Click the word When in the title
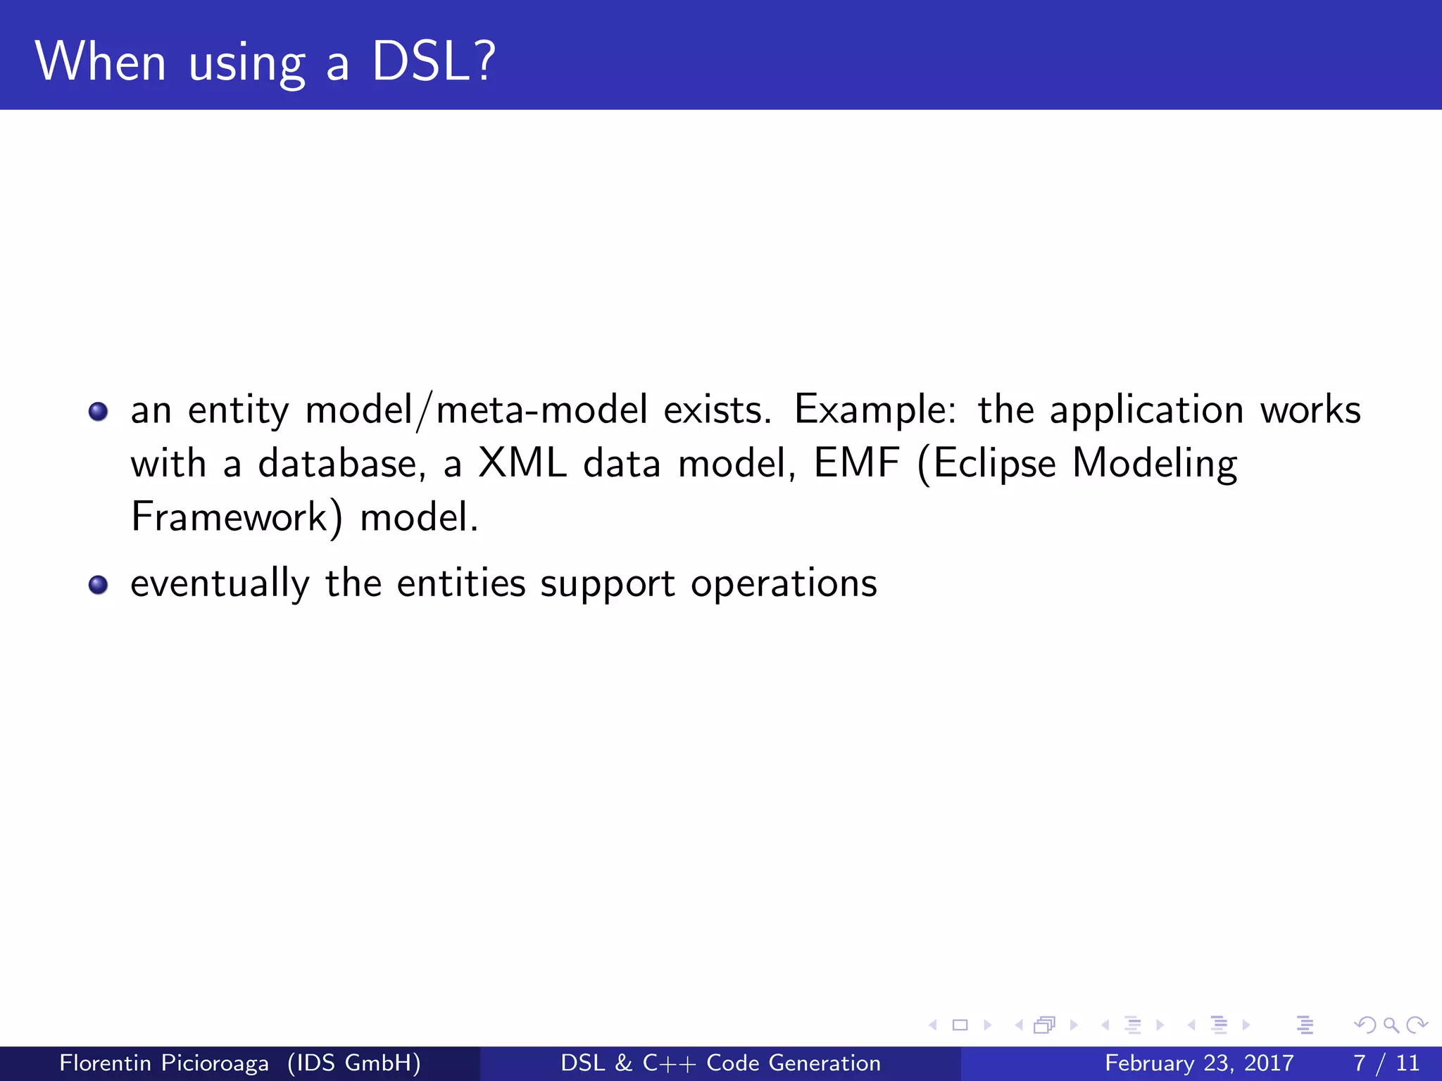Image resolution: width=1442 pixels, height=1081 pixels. click(x=101, y=62)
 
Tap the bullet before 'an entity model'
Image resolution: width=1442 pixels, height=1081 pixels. click(x=99, y=411)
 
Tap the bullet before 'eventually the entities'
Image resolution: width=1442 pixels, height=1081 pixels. click(x=99, y=584)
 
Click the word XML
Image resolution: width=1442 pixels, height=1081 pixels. click(x=522, y=463)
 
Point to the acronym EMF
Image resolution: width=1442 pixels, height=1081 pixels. click(x=856, y=463)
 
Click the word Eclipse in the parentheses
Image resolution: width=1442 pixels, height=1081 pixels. click(x=994, y=464)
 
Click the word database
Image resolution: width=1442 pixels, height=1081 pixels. click(x=342, y=463)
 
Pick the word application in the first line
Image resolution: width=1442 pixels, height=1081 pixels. click(x=1146, y=411)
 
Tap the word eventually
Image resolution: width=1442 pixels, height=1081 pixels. click(x=220, y=584)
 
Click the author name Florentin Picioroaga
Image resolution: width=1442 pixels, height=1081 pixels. click(x=163, y=1063)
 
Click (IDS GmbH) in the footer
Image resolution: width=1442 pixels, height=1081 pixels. click(x=354, y=1063)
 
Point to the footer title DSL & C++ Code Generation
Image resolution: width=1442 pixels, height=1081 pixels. click(x=720, y=1063)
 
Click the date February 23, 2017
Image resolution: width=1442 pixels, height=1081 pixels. click(x=1199, y=1063)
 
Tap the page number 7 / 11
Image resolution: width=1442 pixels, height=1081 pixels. click(x=1386, y=1063)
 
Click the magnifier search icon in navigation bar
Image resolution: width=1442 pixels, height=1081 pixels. click(x=1391, y=1025)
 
